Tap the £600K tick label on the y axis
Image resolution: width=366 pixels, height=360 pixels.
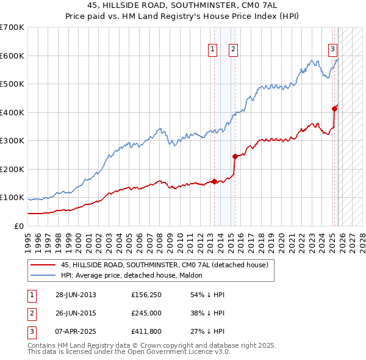tap(12, 56)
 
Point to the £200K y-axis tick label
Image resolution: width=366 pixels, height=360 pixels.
tap(12, 169)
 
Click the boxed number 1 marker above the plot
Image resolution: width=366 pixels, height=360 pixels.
tap(213, 50)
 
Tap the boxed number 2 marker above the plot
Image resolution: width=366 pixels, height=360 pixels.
tap(234, 50)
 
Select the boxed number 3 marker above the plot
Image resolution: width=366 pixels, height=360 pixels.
tap(333, 50)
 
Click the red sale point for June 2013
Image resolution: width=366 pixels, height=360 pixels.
tap(214, 181)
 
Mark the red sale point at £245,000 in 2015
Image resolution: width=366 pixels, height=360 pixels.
tap(235, 156)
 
